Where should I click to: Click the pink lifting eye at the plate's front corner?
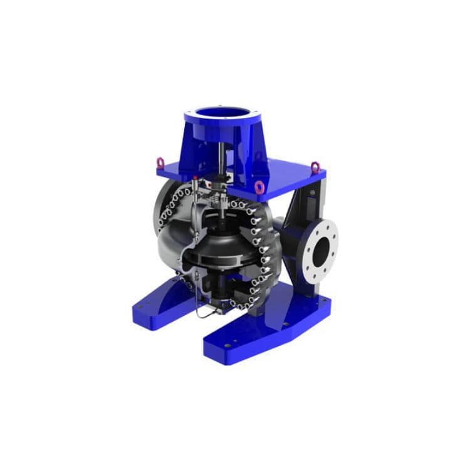point(259,187)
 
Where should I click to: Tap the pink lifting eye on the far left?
point(160,163)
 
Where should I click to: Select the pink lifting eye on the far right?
point(315,167)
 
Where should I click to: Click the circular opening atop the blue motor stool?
point(222,113)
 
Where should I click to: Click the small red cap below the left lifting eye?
point(196,179)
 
